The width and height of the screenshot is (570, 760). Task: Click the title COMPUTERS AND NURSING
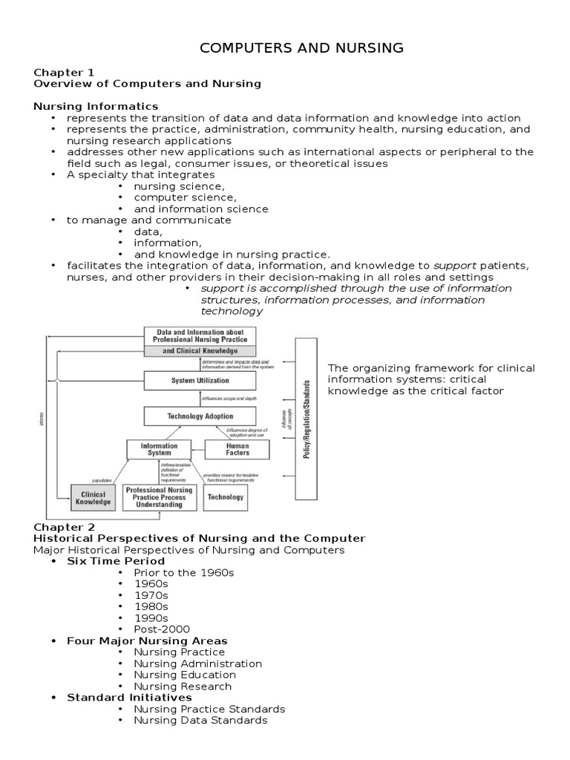pyautogui.click(x=302, y=48)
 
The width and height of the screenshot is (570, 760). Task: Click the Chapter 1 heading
pyautogui.click(x=64, y=72)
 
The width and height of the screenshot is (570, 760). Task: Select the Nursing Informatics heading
pyautogui.click(x=96, y=106)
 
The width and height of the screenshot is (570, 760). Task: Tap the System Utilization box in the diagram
pyautogui.click(x=200, y=381)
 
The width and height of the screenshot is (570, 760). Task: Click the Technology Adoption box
pyautogui.click(x=200, y=416)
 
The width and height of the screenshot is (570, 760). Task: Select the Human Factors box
pyautogui.click(x=227, y=449)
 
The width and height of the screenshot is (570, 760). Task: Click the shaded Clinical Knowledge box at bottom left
pyautogui.click(x=93, y=498)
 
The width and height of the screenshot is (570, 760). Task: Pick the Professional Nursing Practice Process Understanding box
pyautogui.click(x=160, y=497)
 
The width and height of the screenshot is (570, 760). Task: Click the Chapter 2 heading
pyautogui.click(x=64, y=526)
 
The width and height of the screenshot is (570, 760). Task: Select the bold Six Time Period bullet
pyautogui.click(x=116, y=561)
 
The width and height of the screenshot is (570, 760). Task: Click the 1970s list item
pyautogui.click(x=151, y=595)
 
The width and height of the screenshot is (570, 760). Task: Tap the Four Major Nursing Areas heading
pyautogui.click(x=147, y=641)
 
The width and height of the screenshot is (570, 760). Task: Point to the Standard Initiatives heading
pyautogui.click(x=129, y=697)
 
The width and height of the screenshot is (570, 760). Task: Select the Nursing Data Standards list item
pyautogui.click(x=200, y=720)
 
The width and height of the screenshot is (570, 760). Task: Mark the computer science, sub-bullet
pyautogui.click(x=185, y=197)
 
